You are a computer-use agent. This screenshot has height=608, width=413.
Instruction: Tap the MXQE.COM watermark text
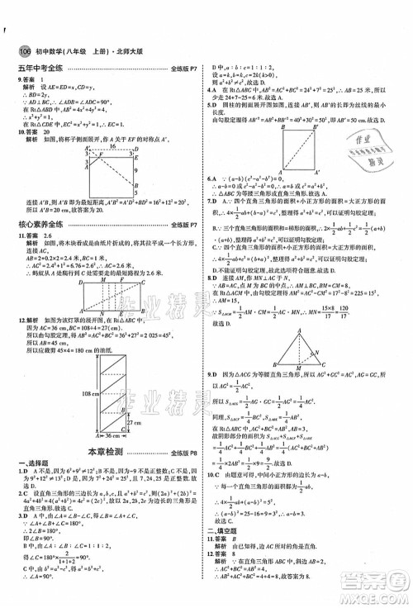371,596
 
